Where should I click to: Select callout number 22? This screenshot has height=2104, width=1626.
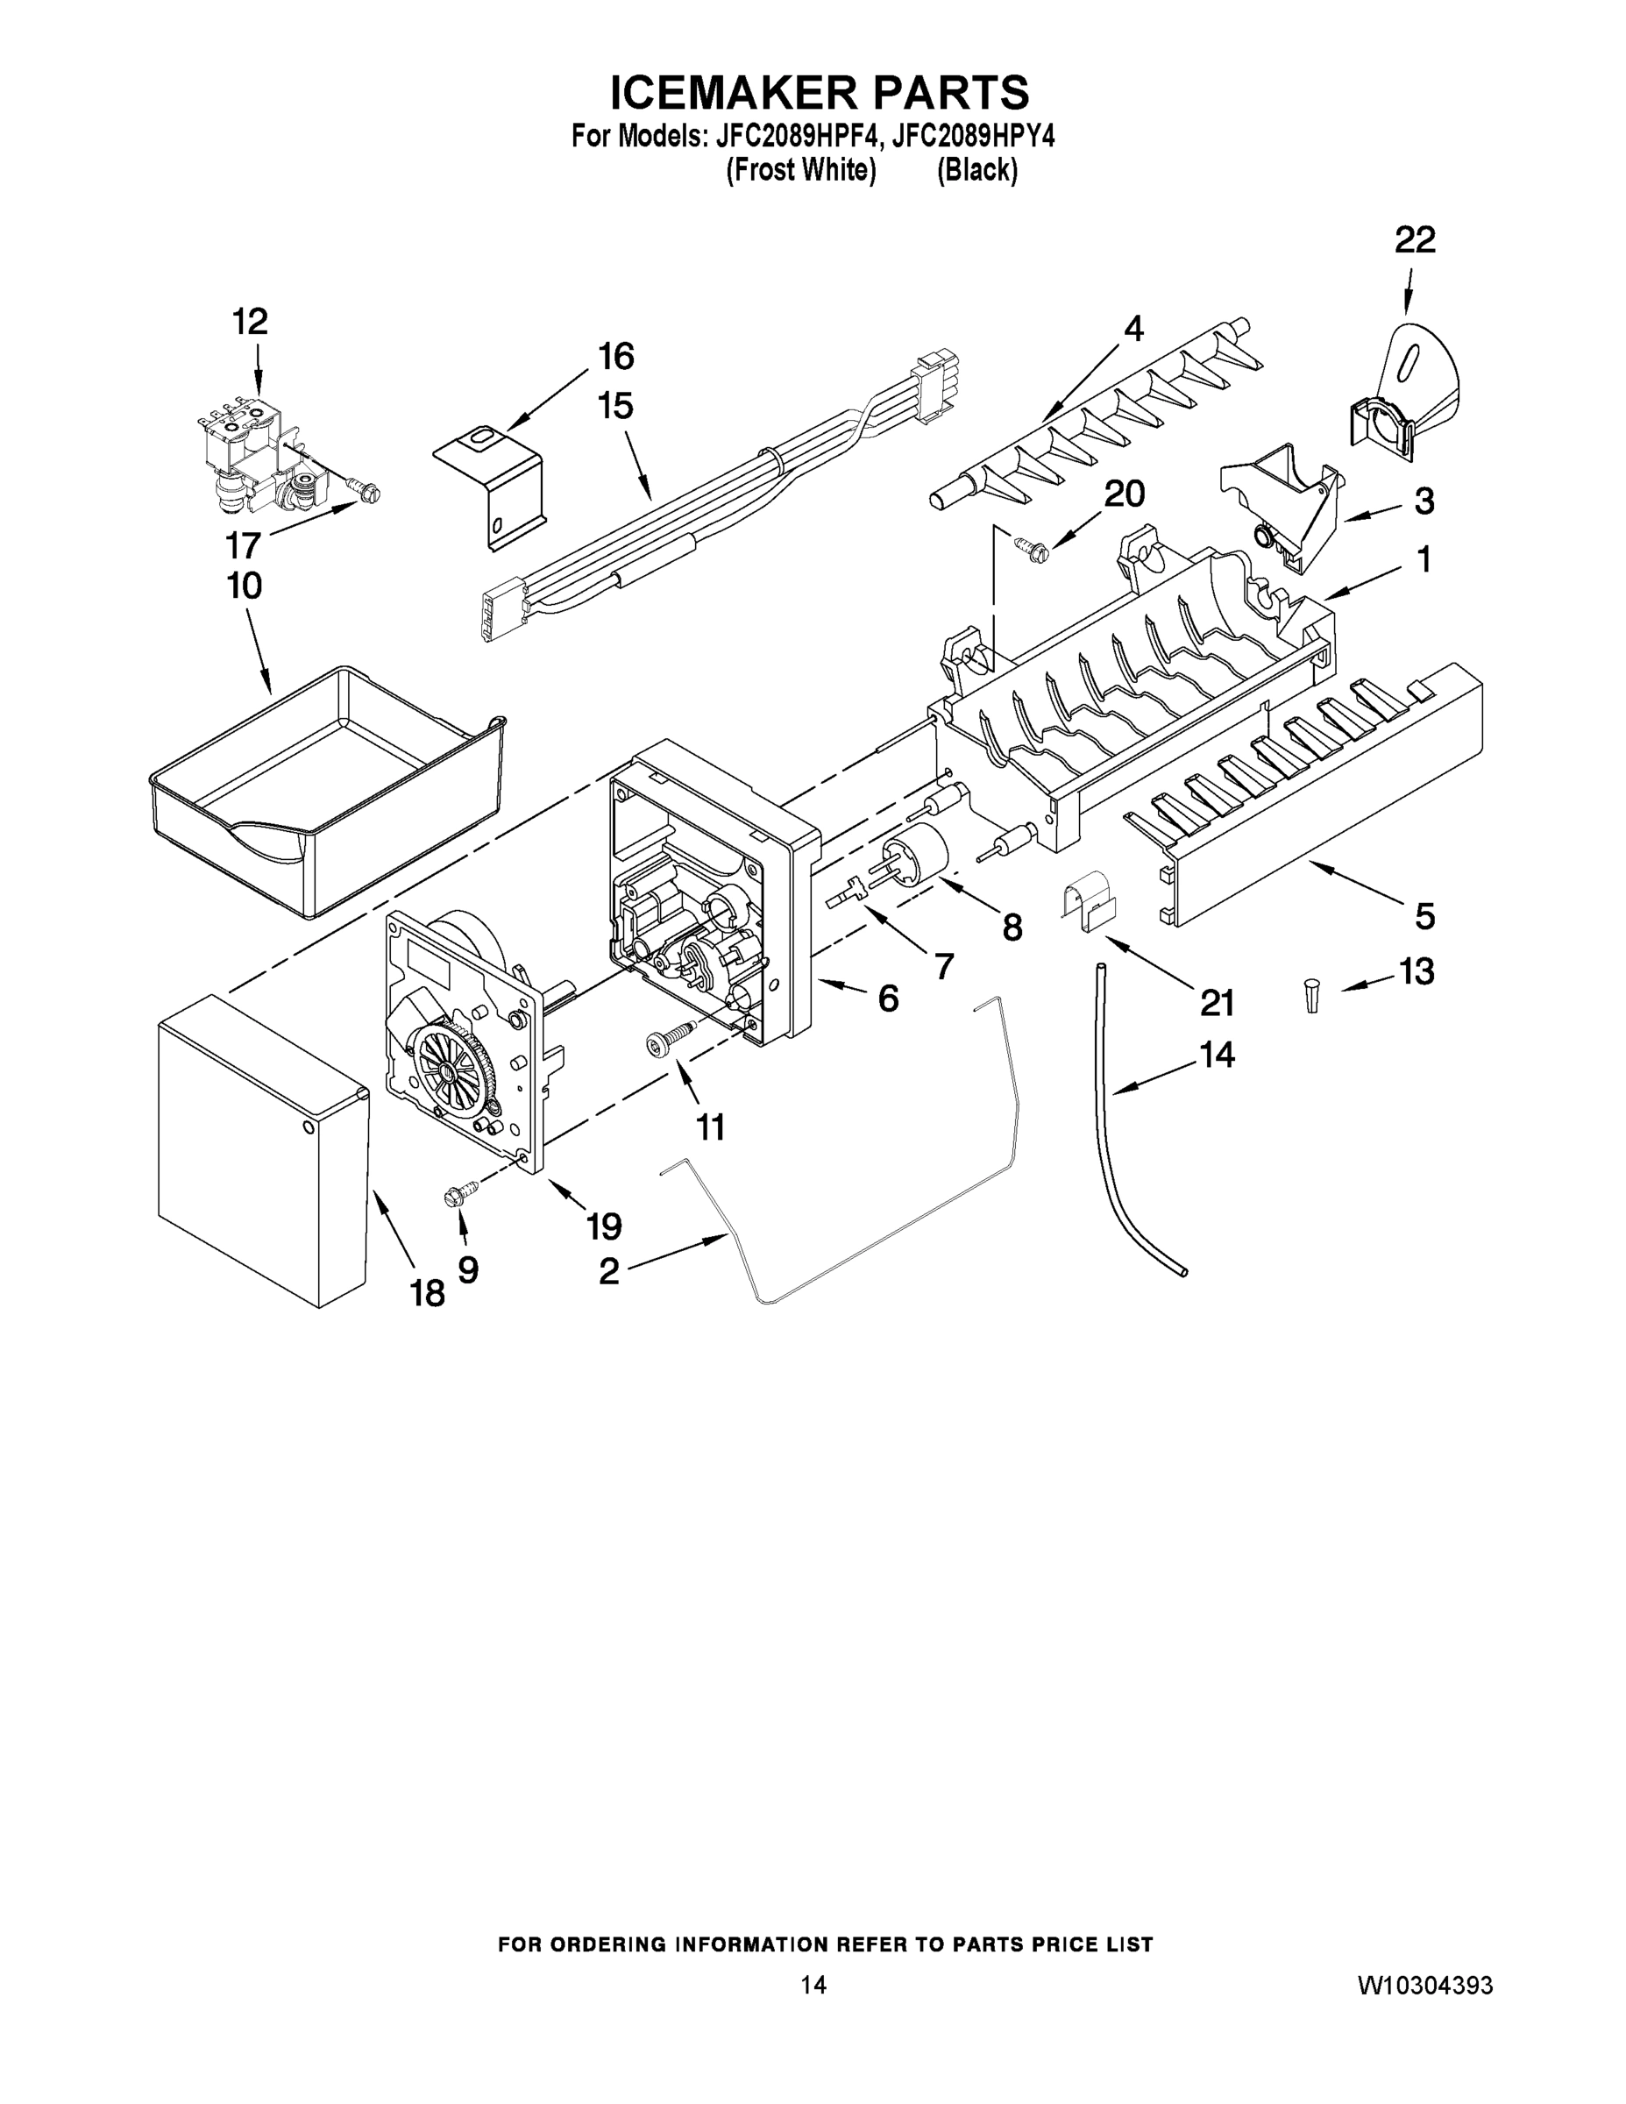click(x=1414, y=241)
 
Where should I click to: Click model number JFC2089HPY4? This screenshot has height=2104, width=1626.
click(x=972, y=137)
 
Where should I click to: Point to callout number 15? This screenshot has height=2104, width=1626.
click(x=615, y=407)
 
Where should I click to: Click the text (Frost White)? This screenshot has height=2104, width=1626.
click(x=799, y=171)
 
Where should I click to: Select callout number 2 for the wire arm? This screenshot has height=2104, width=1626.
click(x=609, y=1272)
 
